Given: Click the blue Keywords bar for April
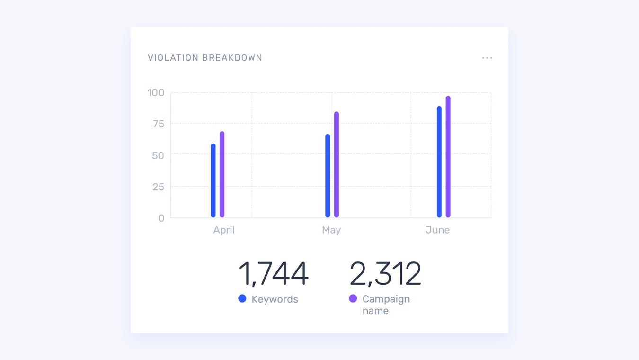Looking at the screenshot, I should point(213,180).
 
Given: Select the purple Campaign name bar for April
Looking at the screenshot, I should point(222,174).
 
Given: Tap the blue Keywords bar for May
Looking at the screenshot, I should point(328,176).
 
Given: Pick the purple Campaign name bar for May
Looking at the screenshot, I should point(337,164).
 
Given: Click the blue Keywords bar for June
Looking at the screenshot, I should point(439,162).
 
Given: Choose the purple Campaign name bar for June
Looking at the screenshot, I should point(448,157).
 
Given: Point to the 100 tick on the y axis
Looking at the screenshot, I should point(156,93).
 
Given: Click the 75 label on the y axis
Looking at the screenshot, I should point(158,124).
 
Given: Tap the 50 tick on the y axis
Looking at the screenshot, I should point(158,155).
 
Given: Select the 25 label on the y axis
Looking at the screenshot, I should point(158,187).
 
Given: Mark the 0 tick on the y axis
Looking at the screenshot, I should point(161,218).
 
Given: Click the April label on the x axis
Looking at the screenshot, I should point(224,230).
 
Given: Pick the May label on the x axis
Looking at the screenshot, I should point(331,230).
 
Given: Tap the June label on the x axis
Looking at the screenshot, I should point(437,230).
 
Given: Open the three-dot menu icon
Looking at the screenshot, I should point(487,58).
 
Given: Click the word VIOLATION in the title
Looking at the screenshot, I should point(173,58).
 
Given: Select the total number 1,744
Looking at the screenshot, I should point(273,274).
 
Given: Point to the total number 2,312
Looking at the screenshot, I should point(385,274).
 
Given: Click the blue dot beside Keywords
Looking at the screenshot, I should point(242,298).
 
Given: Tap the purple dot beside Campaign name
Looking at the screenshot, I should point(353,298).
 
